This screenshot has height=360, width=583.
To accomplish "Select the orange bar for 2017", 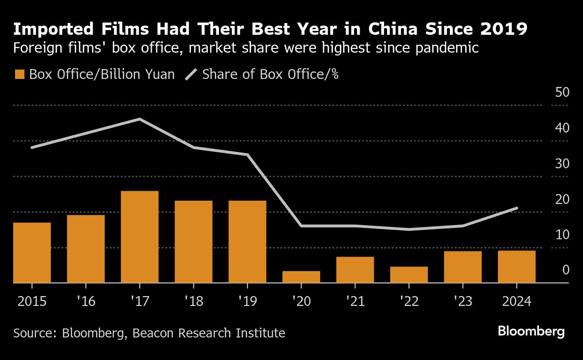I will coord(140,237).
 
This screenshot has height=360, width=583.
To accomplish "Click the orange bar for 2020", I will coord(301,277).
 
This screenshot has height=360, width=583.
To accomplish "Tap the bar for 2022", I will coord(409,274).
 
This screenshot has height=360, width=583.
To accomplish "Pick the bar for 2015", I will coord(32,252).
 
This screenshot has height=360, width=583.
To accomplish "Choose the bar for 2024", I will coord(517,266).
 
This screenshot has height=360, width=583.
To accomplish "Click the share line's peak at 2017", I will coord(140,119).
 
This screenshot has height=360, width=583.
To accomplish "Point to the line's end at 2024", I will coord(517,208).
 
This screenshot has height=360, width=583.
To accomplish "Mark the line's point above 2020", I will coord(301,226).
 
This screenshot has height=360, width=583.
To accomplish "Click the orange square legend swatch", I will coord(19,74).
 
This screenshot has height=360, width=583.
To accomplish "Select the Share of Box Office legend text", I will coord(270,74).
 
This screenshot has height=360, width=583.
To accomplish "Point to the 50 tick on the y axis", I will coord(562,92).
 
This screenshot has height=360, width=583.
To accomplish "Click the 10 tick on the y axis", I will coord(562,235).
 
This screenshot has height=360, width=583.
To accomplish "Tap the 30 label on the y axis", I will coord(562,164).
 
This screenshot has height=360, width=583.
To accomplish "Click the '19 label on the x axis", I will coord(247,301).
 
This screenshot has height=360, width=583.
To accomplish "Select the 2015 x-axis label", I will coord(32,301).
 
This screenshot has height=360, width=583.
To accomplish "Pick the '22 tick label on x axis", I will coord(409,301).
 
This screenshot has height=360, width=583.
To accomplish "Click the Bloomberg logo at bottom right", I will coord(531,332).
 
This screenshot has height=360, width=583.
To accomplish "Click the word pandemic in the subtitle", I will coord(448,48).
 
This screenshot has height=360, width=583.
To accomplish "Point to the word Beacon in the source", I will coord(154,333).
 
